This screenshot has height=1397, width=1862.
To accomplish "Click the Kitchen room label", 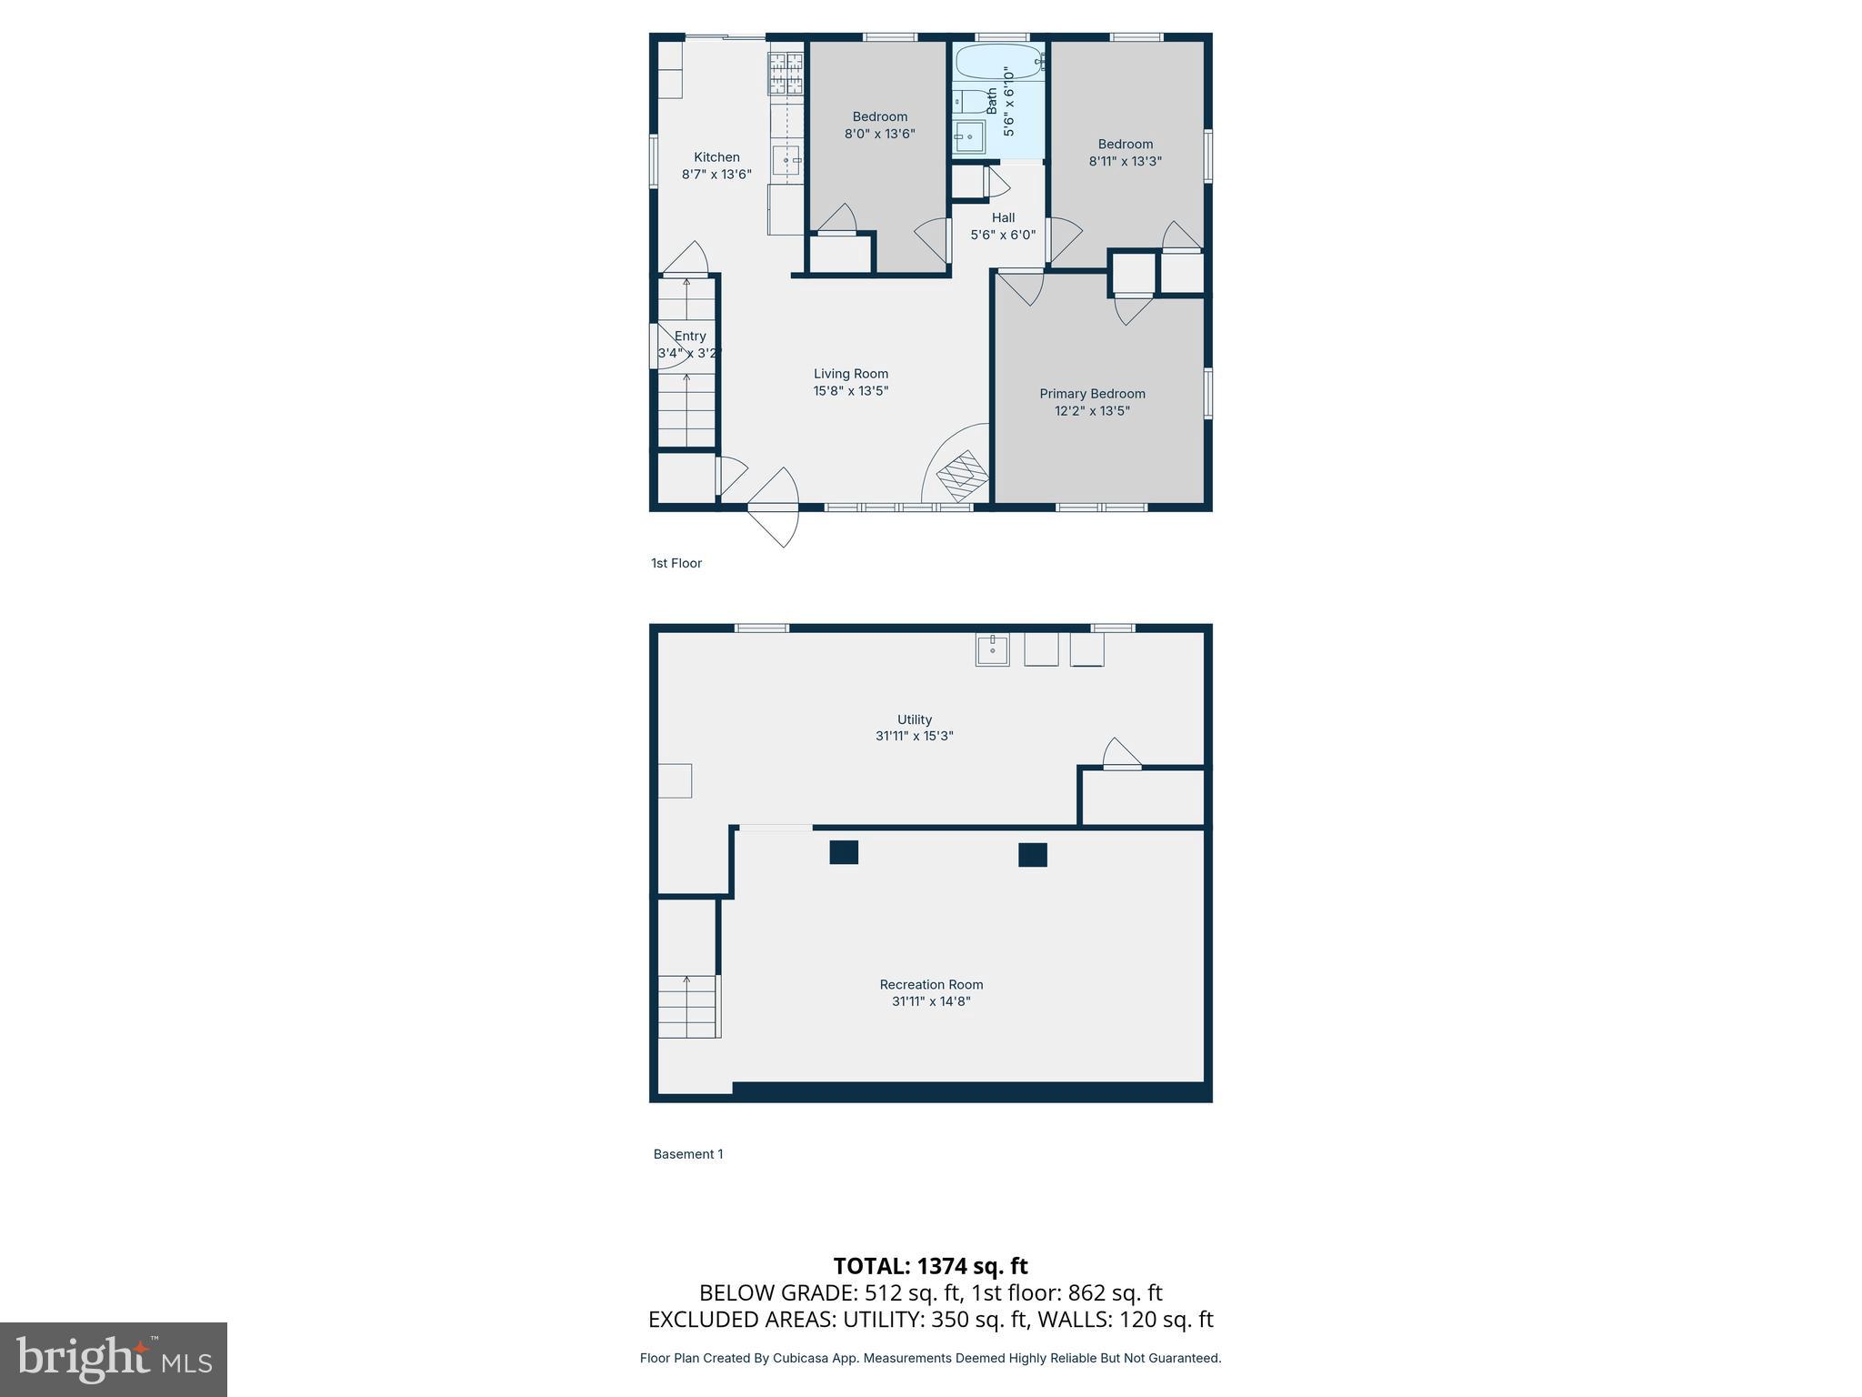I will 716,157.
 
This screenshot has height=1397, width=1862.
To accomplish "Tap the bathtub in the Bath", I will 997,62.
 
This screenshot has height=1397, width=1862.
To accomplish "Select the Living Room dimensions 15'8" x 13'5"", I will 850,391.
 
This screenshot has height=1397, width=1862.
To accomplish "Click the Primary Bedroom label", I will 1092,394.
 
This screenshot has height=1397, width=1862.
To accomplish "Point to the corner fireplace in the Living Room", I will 962,475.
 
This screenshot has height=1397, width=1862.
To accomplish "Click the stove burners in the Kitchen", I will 786,74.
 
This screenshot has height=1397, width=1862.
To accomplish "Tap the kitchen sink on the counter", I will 786,160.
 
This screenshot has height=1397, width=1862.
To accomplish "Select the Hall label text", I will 1003,217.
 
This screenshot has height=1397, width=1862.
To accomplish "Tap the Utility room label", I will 914,719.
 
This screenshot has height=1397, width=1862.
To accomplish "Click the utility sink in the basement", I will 992,649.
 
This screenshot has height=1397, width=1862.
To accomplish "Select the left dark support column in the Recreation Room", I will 844,852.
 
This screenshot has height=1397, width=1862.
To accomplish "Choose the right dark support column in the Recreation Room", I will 1032,854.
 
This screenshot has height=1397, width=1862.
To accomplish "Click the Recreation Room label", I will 931,984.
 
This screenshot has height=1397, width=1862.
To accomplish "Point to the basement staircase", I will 688,1005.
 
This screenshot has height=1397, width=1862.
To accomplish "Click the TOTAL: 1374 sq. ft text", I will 930,1266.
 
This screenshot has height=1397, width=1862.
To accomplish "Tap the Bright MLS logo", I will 114,1359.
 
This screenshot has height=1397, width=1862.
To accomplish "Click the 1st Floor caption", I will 676,563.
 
